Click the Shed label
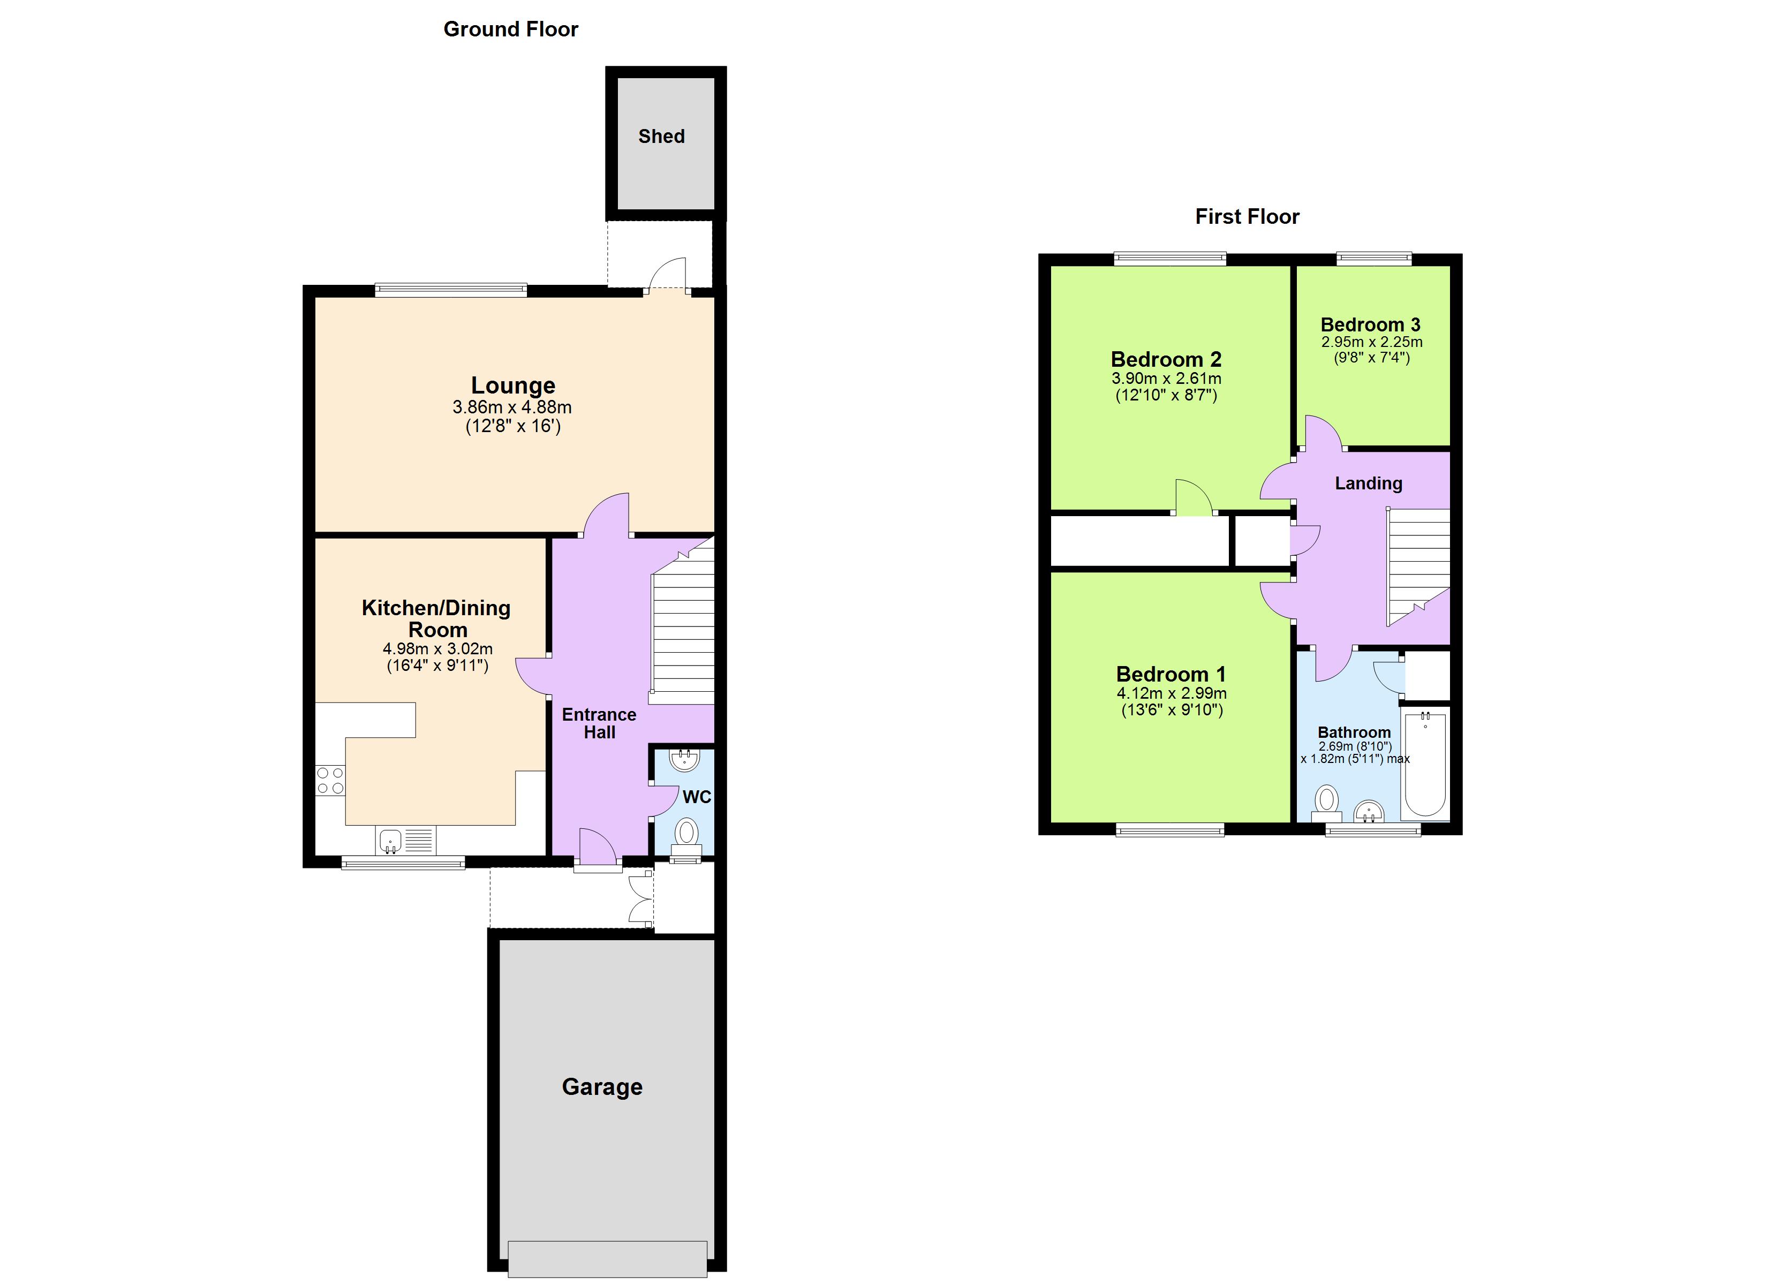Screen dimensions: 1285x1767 click(x=661, y=137)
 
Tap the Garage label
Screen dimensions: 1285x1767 click(x=602, y=1086)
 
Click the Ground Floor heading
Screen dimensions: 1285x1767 click(x=510, y=29)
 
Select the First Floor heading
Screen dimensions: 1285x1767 click(x=1247, y=217)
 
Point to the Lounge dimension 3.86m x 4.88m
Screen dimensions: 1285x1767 click(x=512, y=407)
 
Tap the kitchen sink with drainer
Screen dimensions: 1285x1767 click(x=405, y=841)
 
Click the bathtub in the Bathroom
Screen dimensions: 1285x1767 click(x=1424, y=764)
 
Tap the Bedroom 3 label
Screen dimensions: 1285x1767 click(x=1370, y=324)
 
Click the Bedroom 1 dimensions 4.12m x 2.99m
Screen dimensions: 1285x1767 click(x=1171, y=693)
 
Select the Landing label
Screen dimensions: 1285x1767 click(x=1368, y=483)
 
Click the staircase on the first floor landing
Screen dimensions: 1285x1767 click(x=1418, y=565)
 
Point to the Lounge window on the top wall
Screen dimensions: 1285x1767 click(x=450, y=291)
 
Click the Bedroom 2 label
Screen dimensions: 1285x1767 click(x=1166, y=359)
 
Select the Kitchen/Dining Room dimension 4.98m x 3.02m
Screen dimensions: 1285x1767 click(x=437, y=649)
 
